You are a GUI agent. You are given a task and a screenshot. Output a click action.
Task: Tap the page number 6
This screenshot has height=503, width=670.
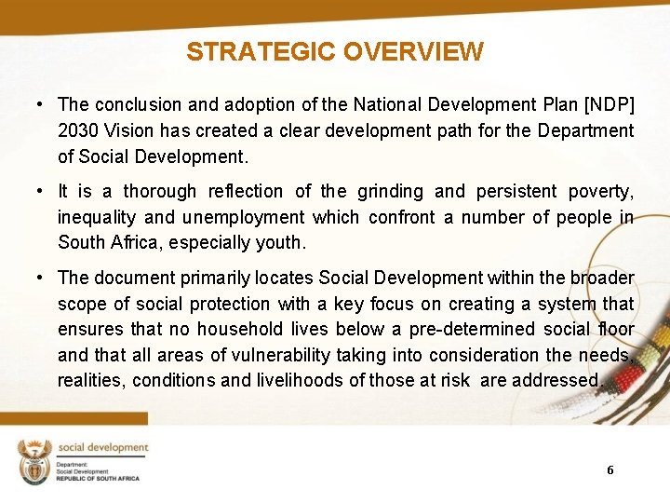pos(610,469)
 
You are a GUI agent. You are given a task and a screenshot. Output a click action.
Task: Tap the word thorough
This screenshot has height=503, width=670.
pos(160,191)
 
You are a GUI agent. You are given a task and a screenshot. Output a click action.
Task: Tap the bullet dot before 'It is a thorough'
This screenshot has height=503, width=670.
pos(41,191)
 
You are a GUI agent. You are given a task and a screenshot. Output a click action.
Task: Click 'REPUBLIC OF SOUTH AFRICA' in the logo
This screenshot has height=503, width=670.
pos(98,478)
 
